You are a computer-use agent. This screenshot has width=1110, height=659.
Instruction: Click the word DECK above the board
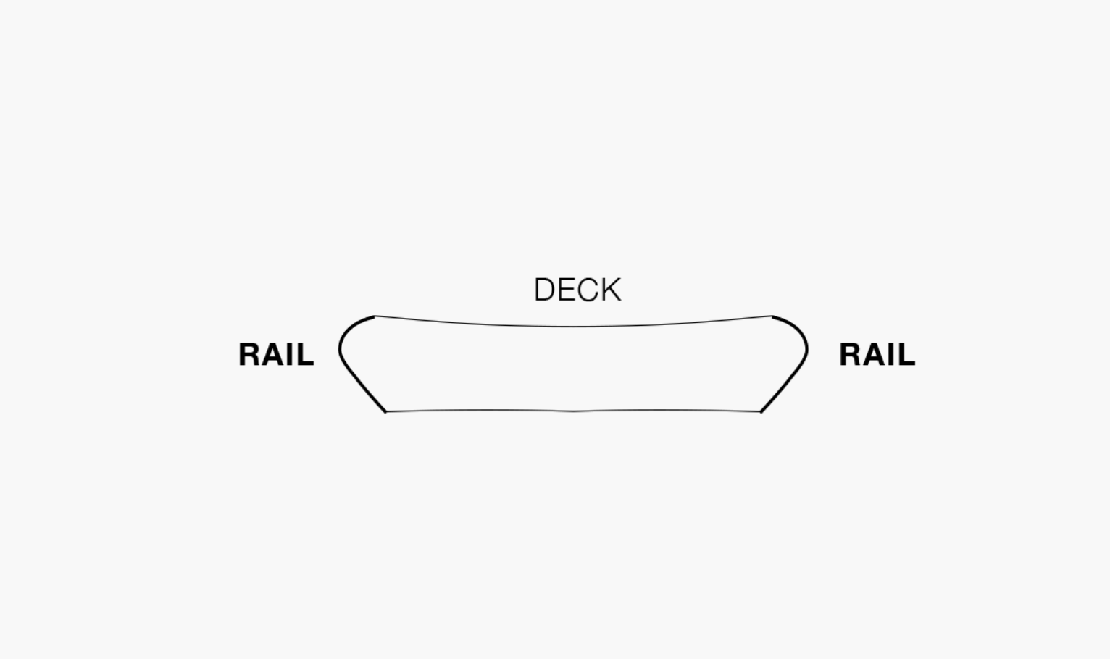click(577, 290)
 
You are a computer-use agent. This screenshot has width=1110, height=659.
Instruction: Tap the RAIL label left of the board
click(276, 355)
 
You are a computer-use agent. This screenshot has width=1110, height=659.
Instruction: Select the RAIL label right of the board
click(877, 355)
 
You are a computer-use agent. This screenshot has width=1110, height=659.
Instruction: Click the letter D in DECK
click(544, 290)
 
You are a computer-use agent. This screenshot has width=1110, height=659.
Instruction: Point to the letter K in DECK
click(611, 290)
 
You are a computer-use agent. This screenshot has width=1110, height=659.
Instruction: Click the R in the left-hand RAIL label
click(249, 355)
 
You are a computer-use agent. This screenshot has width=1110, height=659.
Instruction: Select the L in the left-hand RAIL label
click(306, 355)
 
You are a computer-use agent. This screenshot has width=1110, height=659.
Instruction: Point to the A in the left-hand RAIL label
click(272, 355)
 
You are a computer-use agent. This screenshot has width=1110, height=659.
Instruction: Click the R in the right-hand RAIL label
click(850, 355)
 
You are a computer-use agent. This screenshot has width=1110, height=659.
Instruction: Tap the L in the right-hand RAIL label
click(906, 355)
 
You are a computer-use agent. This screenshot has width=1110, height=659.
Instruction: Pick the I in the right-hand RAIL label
click(891, 355)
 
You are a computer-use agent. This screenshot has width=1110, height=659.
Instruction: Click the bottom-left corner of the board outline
click(386, 411)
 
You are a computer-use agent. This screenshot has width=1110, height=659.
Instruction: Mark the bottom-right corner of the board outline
click(760, 411)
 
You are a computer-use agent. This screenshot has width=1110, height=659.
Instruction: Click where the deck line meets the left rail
click(375, 316)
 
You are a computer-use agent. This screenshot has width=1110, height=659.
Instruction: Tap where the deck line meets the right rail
click(772, 316)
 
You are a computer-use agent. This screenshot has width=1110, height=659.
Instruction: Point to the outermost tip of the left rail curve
click(339, 351)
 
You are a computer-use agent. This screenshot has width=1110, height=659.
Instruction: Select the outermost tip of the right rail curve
click(807, 351)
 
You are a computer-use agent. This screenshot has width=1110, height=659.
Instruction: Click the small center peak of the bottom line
click(574, 411)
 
